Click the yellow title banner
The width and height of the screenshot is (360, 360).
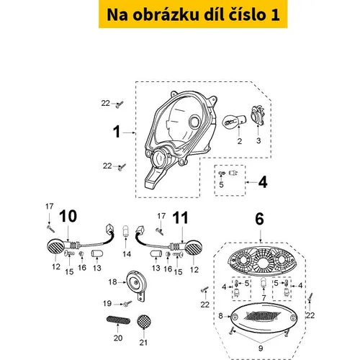[x=193, y=14]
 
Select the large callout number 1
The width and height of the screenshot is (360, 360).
[x=117, y=132]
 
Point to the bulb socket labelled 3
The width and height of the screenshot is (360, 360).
[x=258, y=117]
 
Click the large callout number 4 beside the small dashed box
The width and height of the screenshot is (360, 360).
[x=263, y=182]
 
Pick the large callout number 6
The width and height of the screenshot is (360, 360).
[x=259, y=219]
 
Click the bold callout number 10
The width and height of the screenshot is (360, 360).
[x=68, y=216]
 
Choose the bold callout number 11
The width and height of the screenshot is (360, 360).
[x=181, y=217]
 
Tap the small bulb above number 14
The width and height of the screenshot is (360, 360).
[x=125, y=231]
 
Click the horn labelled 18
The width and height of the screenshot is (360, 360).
[x=136, y=284]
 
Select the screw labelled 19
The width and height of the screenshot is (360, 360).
[x=127, y=304]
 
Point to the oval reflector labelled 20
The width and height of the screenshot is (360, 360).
[x=118, y=320]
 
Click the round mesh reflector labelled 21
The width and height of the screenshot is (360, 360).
[x=144, y=322]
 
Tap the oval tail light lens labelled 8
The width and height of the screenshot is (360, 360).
[x=264, y=318]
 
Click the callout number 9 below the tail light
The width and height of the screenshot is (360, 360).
[x=261, y=348]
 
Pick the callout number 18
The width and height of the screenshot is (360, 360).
[x=112, y=282]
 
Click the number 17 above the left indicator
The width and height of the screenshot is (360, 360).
[x=50, y=206]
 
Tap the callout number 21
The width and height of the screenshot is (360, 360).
[x=143, y=342]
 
